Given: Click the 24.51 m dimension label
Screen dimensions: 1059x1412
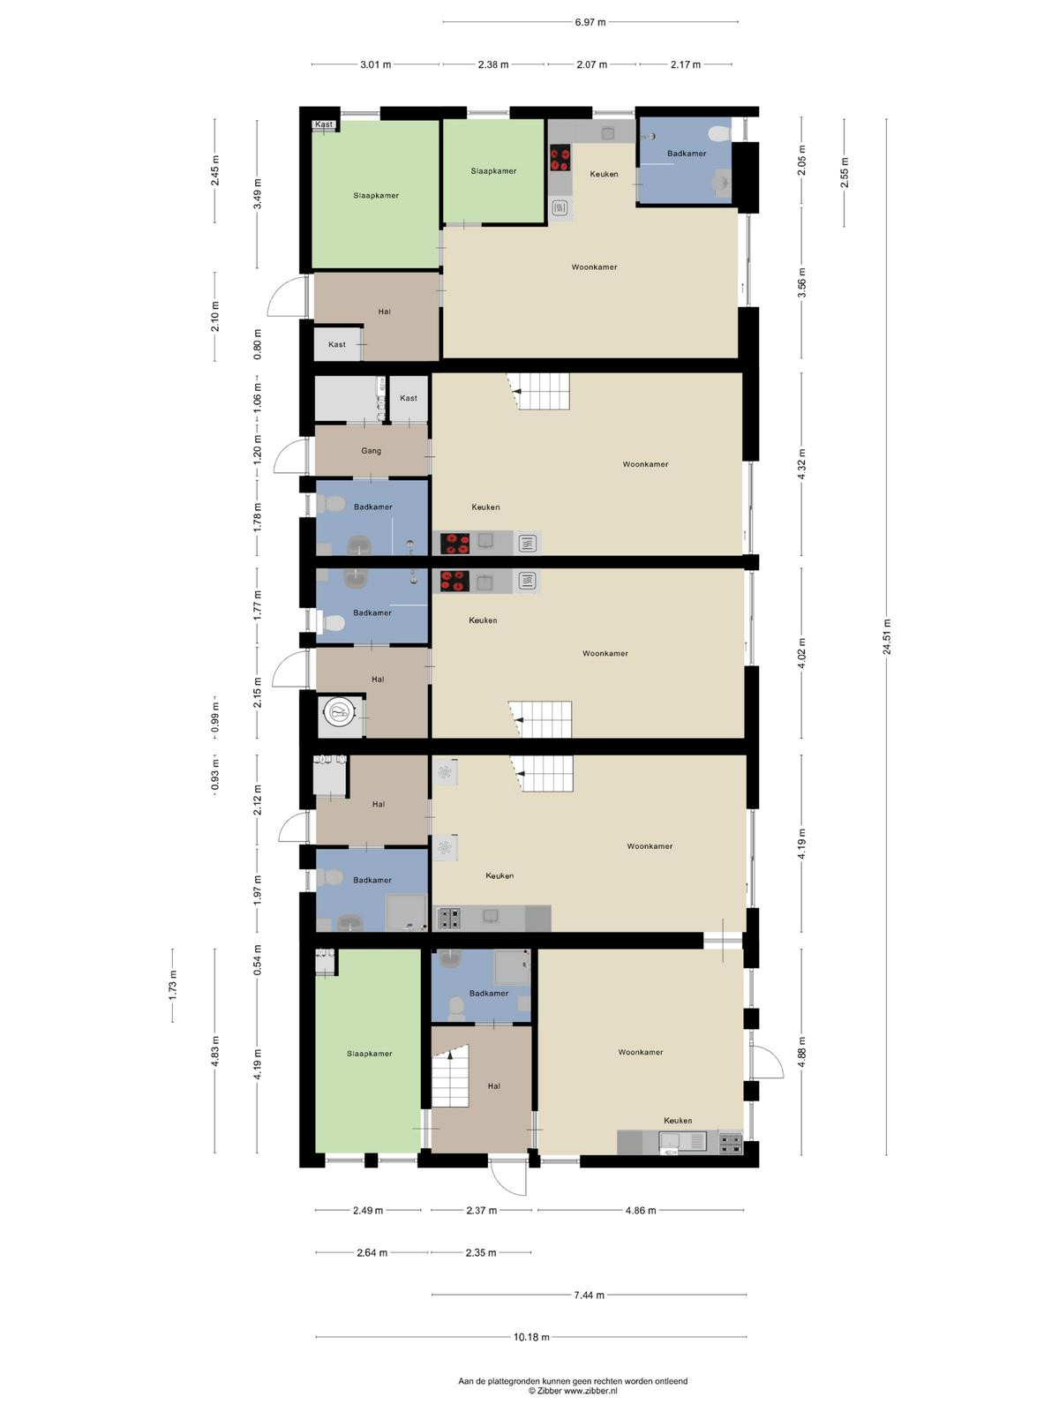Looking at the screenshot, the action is pos(887,637).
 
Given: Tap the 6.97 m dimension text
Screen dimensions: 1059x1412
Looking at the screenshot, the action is pos(590,22).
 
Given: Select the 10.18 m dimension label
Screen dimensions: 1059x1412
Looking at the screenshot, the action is pos(531,1337).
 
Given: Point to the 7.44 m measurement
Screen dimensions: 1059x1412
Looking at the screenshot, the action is pos(589,1295).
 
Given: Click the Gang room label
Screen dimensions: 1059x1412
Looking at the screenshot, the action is pos(371,451).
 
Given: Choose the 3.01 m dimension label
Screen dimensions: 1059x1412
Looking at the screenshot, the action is pos(376,64).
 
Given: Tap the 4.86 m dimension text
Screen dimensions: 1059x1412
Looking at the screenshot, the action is pos(641,1211).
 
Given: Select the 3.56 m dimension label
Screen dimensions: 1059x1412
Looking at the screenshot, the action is pos(801,282).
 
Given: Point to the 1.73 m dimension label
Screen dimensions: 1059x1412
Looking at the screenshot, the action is pos(172,984).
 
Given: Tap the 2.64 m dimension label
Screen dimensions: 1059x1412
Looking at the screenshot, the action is pos(372,1252).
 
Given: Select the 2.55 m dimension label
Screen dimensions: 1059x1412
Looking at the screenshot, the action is pos(845,172).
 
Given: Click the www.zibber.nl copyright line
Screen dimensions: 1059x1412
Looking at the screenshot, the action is pos(573,1390).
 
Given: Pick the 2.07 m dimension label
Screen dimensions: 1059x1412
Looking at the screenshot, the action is pos(591,64).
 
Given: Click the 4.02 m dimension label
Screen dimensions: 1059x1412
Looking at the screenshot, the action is pos(801,654).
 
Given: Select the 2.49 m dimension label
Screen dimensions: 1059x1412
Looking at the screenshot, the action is pos(368,1211).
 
